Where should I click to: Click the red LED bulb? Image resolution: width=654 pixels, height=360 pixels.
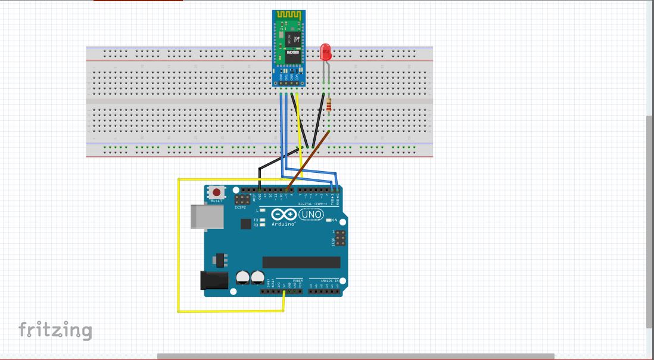point(325,52)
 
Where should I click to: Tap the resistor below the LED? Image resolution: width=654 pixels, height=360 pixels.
point(329,108)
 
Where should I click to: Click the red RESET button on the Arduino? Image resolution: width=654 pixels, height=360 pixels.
point(217,193)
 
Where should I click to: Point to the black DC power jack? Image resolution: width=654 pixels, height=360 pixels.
point(214,281)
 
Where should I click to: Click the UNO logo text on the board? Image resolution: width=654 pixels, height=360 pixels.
point(311,215)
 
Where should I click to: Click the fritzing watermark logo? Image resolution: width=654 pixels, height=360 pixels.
point(55,330)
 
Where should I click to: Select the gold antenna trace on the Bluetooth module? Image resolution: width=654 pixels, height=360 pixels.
point(289,15)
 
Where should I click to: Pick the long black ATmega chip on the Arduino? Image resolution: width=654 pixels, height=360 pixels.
point(301,262)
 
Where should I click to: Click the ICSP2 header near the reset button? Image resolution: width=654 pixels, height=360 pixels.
point(242,199)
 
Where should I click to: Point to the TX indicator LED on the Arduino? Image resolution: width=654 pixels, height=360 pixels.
point(262,220)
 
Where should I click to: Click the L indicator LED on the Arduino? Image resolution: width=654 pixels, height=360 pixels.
point(262,210)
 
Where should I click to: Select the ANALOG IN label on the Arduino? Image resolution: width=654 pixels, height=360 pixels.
point(329,280)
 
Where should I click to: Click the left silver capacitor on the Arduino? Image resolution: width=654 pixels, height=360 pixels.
point(243,278)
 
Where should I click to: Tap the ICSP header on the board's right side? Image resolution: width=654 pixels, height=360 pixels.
point(340,240)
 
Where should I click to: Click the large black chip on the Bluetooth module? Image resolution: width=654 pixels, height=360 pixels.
point(290,40)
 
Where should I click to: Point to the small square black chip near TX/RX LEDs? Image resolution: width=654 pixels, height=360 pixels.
point(245,224)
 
